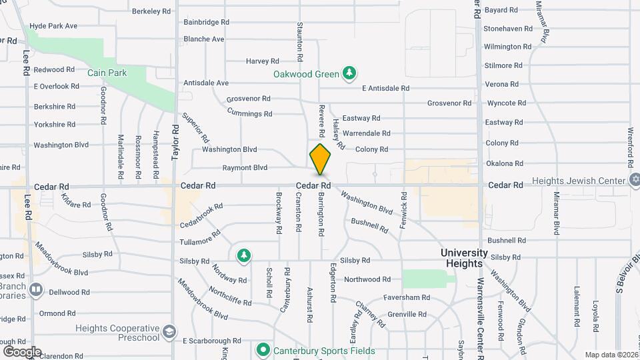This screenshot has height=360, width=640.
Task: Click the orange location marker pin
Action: [x=320, y=159]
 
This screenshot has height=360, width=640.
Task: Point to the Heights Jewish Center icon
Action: [x=635, y=181]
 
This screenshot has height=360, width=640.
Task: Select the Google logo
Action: [x=22, y=352]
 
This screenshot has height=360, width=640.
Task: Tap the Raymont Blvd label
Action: [x=245, y=168]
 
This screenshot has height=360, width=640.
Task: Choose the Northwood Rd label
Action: [x=367, y=279]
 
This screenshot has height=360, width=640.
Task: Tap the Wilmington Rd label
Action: [x=508, y=47]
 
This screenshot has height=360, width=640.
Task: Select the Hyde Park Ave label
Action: [x=53, y=26]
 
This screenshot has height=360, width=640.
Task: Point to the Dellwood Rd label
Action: [x=69, y=292]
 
